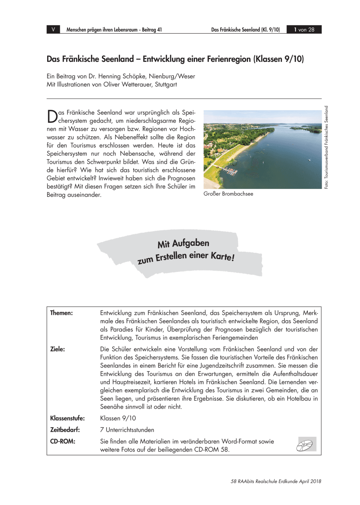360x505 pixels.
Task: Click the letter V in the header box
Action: [x=53, y=29]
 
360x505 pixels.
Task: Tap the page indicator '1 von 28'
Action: [x=304, y=29]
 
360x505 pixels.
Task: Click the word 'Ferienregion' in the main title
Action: [x=224, y=59]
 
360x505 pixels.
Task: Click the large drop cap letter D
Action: [x=51, y=116]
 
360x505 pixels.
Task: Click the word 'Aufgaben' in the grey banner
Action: [x=190, y=243]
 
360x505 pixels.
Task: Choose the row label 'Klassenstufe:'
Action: [x=67, y=418]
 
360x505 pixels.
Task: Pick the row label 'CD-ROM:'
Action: [x=62, y=441]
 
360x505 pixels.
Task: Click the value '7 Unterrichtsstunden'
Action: [x=127, y=430]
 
